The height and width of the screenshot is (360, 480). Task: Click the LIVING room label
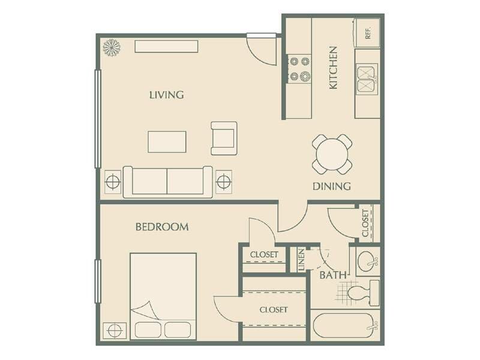pos(167,95)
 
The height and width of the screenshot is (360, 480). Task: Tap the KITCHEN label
pos(333,68)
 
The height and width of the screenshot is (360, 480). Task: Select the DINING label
pos(332,186)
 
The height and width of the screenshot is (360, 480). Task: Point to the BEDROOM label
pos(162,227)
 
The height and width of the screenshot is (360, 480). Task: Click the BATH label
pos(333,275)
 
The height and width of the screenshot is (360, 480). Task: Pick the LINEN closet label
pos(302,260)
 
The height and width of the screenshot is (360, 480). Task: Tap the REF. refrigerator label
pos(368,33)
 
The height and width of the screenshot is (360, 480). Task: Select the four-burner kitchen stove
pos(299,68)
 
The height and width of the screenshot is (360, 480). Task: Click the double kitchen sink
pos(367,78)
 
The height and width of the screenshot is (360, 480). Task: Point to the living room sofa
pos(167,182)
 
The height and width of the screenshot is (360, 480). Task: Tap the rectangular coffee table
pos(167,142)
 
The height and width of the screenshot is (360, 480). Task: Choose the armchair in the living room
pos(224,138)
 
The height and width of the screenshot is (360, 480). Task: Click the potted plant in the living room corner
pos(112,47)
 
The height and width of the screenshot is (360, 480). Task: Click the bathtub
pos(345,326)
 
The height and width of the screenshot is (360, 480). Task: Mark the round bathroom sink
pos(366,261)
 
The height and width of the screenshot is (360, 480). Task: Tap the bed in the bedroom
pos(163,296)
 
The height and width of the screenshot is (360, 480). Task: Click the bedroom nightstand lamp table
pos(115,331)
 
